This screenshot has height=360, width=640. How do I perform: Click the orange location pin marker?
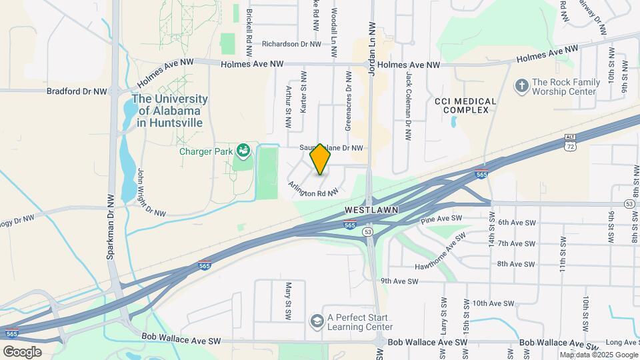tap(321, 159)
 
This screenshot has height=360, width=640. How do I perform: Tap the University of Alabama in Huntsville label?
tap(169, 111)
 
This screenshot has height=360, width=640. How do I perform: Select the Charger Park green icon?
tap(244, 151)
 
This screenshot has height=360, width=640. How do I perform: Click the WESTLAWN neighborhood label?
tap(371, 209)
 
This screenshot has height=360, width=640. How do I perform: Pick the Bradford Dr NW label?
tap(77, 91)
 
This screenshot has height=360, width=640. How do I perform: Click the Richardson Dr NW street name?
tap(291, 44)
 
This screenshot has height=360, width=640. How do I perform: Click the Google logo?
tap(22, 352)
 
